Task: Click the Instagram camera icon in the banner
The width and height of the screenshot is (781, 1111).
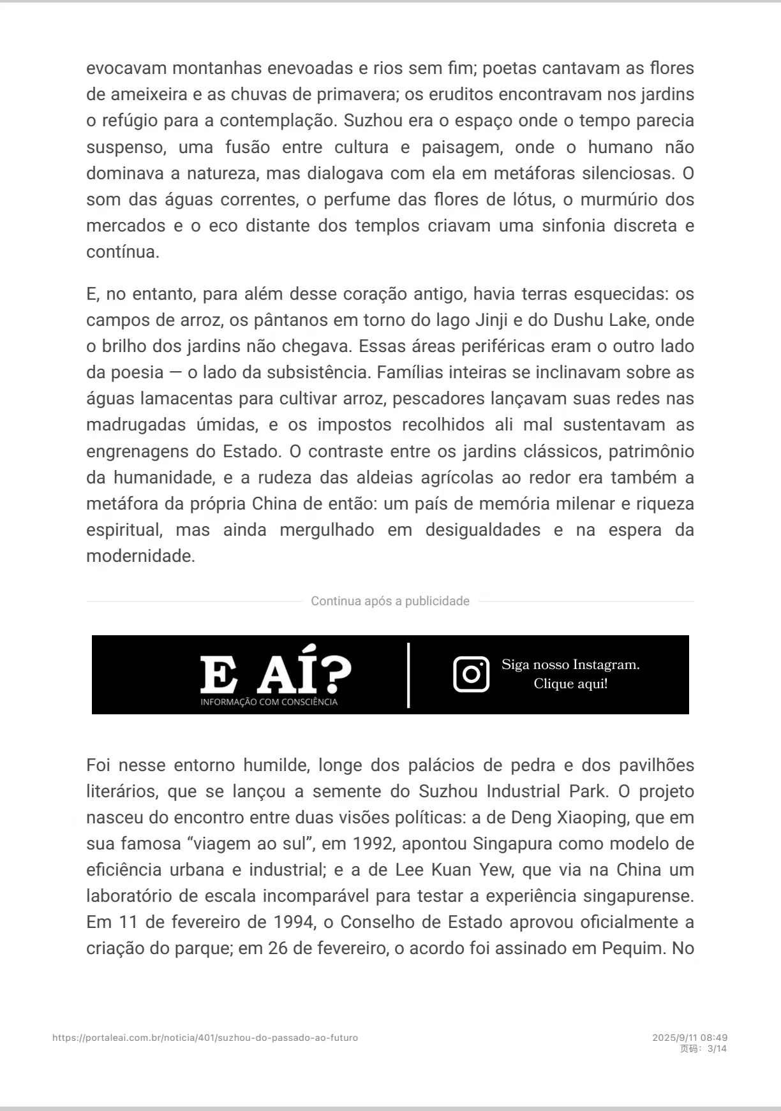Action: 471,674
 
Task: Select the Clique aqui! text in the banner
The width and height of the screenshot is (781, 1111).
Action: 570,684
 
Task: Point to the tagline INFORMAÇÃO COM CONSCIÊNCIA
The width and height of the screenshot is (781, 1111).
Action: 269,702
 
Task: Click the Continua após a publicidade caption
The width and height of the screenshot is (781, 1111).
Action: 390,601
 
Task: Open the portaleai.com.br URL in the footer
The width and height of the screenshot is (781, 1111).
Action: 205,1038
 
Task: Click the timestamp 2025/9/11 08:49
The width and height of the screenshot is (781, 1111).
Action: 690,1038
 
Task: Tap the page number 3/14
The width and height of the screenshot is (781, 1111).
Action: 717,1048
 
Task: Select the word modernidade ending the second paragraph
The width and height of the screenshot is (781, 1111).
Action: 140,556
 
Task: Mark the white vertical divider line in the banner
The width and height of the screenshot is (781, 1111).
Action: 408,675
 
